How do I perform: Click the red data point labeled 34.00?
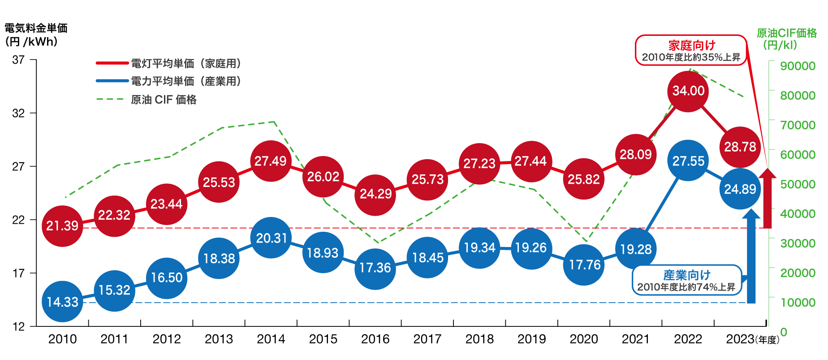688,91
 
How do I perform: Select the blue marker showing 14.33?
62,302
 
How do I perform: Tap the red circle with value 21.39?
62,226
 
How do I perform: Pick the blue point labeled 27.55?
688,161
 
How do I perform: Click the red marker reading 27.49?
271,161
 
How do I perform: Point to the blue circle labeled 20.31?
272,238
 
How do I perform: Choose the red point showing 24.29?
375,194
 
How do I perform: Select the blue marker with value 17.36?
375,268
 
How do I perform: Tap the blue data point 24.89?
740,189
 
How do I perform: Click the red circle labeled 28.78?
740,147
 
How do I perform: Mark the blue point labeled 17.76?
584,265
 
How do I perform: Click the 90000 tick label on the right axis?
798,66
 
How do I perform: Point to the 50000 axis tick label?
798,184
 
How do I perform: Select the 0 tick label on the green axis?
784,332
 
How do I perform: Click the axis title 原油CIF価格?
787,33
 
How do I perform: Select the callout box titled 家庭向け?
691,50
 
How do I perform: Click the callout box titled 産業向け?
686,280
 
